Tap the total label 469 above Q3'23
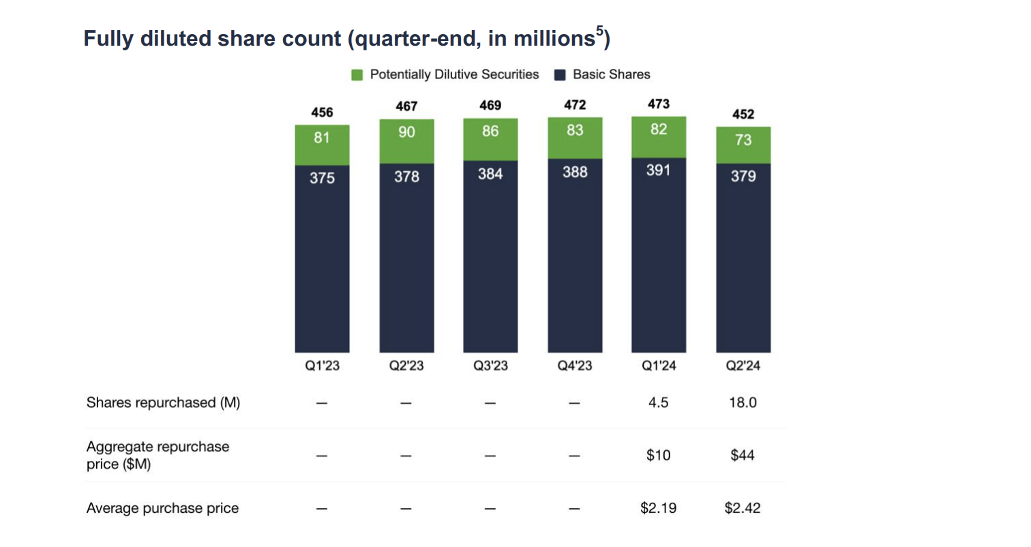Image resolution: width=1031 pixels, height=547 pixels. click(x=490, y=106)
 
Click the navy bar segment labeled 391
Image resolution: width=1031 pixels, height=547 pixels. click(x=659, y=255)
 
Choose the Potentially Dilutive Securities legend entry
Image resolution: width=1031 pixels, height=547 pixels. click(x=445, y=74)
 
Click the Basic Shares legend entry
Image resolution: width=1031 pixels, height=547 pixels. click(x=603, y=74)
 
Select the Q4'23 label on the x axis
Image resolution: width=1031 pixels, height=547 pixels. click(x=575, y=366)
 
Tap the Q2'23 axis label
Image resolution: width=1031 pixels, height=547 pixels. click(x=406, y=366)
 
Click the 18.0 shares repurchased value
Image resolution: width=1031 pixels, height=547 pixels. click(x=743, y=402)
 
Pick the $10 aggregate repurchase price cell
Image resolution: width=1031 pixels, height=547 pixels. click(x=659, y=455)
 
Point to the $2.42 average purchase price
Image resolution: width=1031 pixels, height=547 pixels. click(x=743, y=508)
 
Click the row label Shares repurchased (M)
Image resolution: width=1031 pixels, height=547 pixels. click(x=163, y=402)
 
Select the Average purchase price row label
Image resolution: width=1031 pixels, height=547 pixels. click(x=162, y=508)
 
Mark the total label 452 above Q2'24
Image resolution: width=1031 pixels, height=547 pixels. click(x=743, y=115)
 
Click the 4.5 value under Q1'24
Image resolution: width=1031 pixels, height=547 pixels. click(x=659, y=402)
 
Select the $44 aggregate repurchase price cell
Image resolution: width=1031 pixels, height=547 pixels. click(x=743, y=455)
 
